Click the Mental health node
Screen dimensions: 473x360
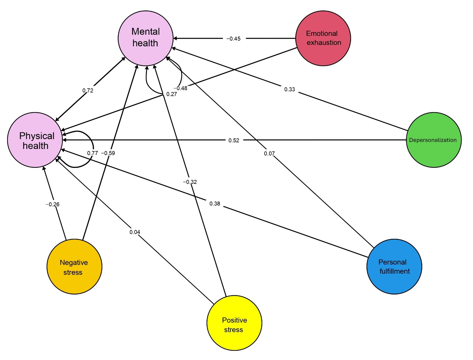point(145,38)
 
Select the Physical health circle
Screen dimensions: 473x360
point(35,140)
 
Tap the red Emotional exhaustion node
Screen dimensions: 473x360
point(323,38)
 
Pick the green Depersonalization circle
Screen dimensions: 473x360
point(434,140)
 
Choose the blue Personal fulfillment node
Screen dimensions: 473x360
point(394,266)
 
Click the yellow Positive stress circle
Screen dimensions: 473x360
point(234,323)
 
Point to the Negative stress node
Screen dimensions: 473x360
point(74,266)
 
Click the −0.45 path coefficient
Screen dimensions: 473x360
point(233,39)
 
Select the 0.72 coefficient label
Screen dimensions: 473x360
point(88,90)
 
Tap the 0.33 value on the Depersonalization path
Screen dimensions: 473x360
point(289,89)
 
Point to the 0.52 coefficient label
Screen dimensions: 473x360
point(234,140)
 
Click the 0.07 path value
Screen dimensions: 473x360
point(269,154)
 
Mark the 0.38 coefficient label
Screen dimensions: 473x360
point(215,204)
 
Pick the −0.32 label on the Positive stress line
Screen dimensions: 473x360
point(189,182)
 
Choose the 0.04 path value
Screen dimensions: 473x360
point(135,232)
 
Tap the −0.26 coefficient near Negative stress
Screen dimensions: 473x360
point(52,204)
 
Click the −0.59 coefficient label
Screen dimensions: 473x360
point(108,153)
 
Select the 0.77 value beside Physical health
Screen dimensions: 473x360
point(93,153)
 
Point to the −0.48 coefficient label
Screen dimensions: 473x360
point(180,88)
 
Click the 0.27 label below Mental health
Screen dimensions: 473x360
point(171,94)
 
